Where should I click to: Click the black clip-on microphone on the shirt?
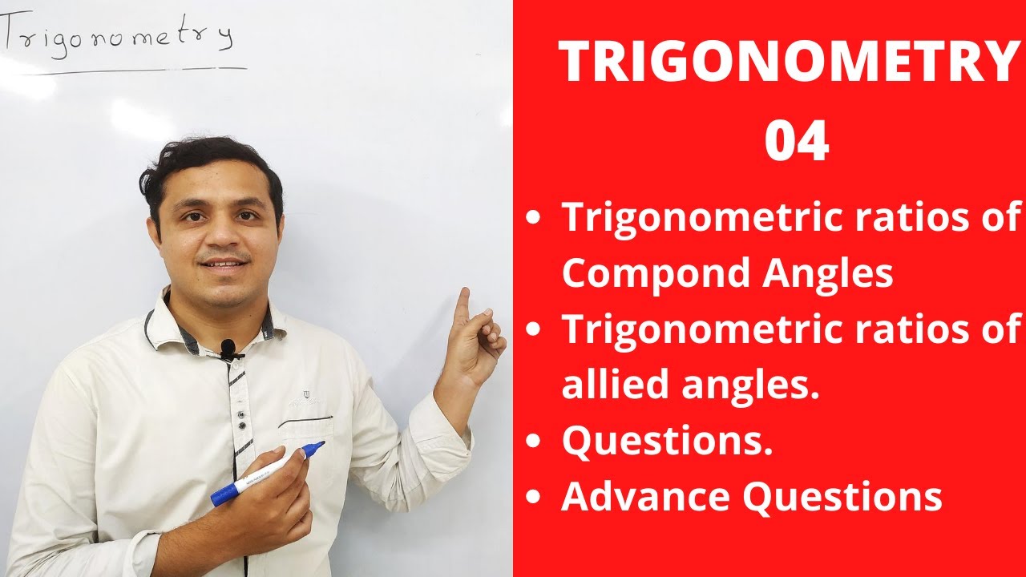[228, 348]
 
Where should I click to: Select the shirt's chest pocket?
[305, 437]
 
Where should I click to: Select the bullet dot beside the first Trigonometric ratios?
[533, 218]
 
